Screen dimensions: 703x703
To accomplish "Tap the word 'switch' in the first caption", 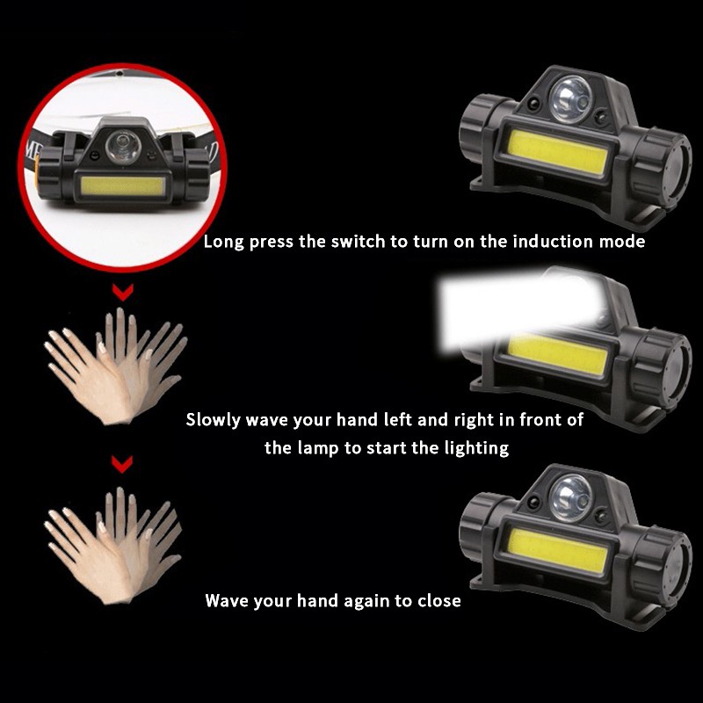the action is coord(358,241).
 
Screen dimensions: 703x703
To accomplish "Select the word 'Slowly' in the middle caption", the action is coord(214,421).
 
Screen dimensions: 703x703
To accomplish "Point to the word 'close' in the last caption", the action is coord(438,600).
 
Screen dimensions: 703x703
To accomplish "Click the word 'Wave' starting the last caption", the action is coord(227,600).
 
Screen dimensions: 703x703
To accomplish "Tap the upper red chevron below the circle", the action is coord(123,293).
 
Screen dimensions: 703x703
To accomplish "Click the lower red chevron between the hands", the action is coord(122,465).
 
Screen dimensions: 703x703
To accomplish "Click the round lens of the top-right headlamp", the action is coord(570,99).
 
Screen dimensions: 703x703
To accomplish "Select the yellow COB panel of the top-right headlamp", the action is coord(557,151).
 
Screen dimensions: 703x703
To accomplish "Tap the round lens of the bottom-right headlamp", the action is coord(570,497).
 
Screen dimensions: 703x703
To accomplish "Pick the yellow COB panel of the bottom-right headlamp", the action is coord(557,550).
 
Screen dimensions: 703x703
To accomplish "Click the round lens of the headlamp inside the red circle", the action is coord(123,147).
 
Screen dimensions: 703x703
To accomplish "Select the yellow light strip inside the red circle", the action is coord(122,186).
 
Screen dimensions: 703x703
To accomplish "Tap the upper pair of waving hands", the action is coord(116,366).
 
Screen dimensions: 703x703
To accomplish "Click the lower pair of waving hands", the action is coord(114,546).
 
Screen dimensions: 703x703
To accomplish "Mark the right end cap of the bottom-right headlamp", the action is coord(661,566).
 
